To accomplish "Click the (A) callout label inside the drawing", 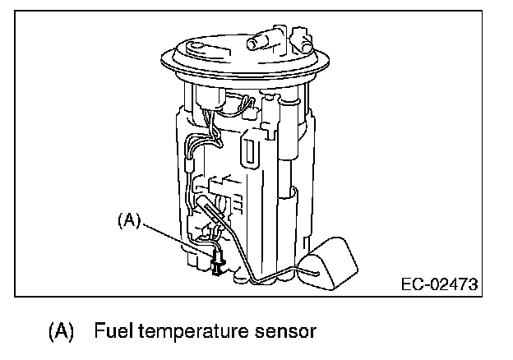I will [130, 219].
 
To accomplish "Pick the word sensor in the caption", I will [284, 333].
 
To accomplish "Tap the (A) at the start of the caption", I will [61, 333].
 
